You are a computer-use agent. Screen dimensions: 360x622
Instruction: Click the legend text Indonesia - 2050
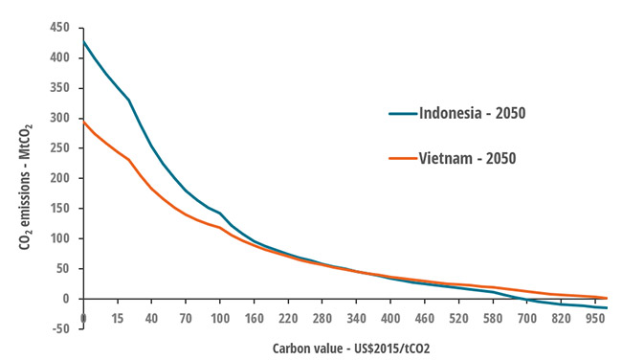click(472, 113)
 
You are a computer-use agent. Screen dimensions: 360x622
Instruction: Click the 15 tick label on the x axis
click(118, 317)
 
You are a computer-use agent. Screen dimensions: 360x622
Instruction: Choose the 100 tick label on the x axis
click(220, 317)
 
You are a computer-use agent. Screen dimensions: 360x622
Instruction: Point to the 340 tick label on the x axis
click(356, 317)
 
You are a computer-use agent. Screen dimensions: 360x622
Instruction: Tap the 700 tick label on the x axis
click(525, 317)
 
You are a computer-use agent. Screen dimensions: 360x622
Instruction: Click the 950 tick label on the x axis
click(593, 317)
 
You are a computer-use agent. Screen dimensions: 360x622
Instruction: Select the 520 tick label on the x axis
click(457, 317)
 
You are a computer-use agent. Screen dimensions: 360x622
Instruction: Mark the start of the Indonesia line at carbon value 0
click(84, 41)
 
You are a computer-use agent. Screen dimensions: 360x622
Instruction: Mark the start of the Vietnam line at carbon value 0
click(84, 122)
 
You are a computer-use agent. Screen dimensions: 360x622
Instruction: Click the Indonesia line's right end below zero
click(607, 307)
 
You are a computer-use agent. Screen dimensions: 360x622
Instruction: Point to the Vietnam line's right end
click(607, 298)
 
